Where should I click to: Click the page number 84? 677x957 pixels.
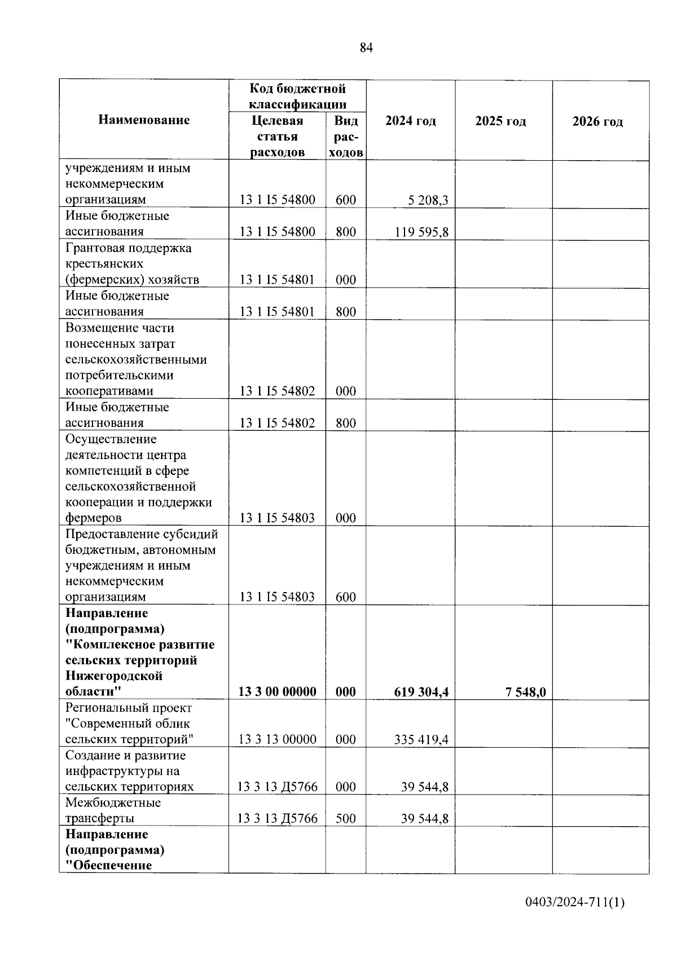[x=366, y=48]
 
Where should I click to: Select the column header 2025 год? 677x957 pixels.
[x=500, y=121]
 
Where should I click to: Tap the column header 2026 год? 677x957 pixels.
[x=597, y=122]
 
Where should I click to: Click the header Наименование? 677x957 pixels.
[x=144, y=120]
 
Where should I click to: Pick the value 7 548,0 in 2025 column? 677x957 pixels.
[x=526, y=692]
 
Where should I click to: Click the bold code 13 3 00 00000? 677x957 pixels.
[x=277, y=692]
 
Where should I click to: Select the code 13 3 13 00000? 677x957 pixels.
[x=277, y=739]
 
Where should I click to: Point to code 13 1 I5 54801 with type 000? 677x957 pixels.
[x=277, y=280]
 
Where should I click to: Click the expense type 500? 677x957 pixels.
[x=345, y=818]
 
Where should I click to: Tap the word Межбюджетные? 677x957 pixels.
[x=113, y=802]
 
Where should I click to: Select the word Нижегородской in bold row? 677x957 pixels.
[x=114, y=676]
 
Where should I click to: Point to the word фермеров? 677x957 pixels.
[x=93, y=518]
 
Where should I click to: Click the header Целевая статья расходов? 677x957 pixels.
[x=277, y=136]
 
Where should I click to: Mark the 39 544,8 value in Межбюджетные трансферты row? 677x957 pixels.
[x=424, y=818]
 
